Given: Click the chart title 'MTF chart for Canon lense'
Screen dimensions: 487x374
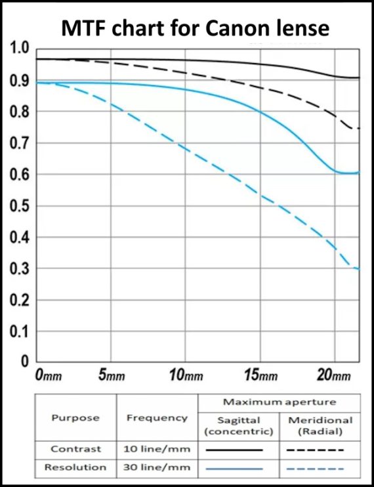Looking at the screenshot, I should click(195, 28).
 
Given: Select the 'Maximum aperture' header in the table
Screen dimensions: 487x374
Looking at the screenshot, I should click(279, 402).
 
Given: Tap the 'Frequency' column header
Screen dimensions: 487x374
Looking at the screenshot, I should click(156, 417).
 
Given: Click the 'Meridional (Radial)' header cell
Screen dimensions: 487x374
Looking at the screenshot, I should click(320, 425).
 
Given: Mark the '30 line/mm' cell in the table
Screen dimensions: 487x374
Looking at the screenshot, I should click(156, 467).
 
